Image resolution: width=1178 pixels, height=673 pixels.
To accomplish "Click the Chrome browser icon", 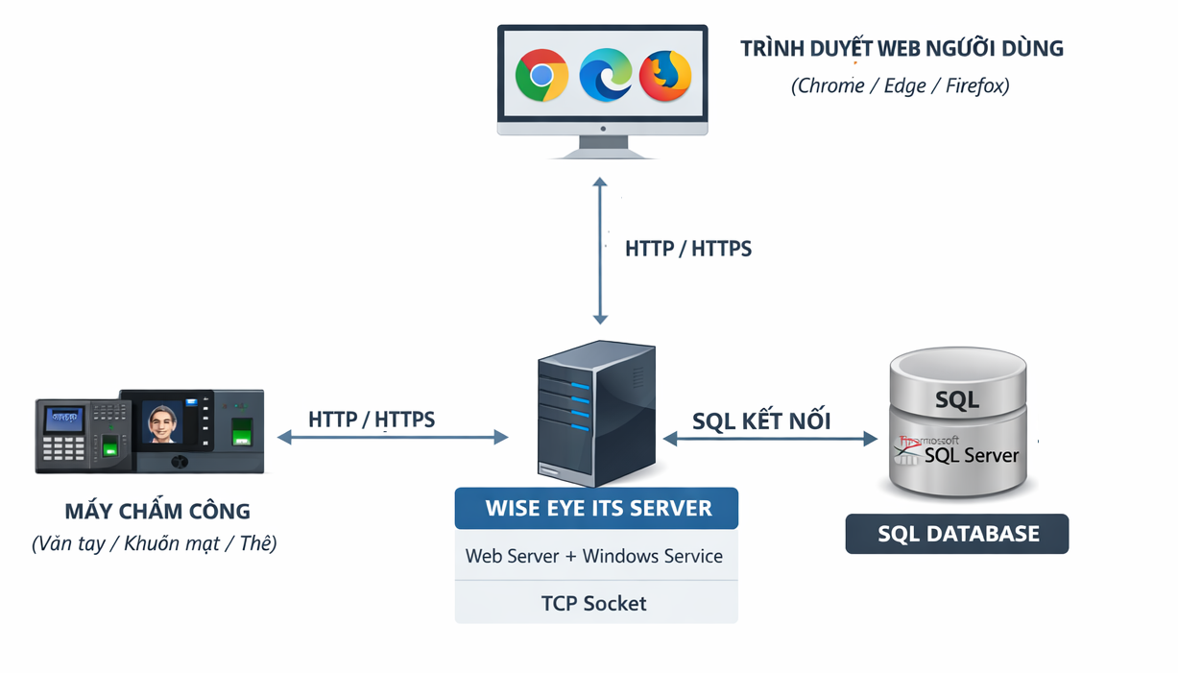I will tap(541, 75).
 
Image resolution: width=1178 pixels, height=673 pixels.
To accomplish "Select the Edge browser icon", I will tap(605, 74).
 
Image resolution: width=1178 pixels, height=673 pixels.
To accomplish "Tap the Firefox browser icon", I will tap(665, 75).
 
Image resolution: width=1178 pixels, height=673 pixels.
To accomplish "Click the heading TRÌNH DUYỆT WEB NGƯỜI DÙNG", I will tap(902, 48).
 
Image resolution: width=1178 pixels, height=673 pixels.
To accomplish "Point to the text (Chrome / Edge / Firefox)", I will tap(900, 85).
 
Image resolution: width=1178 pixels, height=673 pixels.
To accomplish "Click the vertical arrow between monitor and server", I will tap(600, 251).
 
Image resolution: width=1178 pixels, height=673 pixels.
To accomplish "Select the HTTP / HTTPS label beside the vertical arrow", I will tap(687, 249).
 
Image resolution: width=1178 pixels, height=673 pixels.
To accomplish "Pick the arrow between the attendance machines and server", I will tap(393, 438).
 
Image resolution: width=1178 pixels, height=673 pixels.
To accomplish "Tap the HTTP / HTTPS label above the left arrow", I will tap(372, 420).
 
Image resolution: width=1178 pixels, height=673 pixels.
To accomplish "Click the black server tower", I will tap(596, 414).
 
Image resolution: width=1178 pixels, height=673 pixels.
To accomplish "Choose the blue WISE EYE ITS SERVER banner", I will tap(596, 508).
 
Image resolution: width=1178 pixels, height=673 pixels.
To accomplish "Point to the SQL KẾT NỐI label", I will tap(761, 421).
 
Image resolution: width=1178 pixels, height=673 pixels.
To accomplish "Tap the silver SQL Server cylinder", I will tap(957, 423).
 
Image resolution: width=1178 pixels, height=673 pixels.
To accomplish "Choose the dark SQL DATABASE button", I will tap(957, 534).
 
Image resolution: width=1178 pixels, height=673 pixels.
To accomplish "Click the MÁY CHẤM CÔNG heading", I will tap(157, 512).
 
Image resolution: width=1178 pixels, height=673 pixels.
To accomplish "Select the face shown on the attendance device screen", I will tap(163, 422).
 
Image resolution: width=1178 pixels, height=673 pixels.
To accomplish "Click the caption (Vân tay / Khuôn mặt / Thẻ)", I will tap(155, 543).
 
